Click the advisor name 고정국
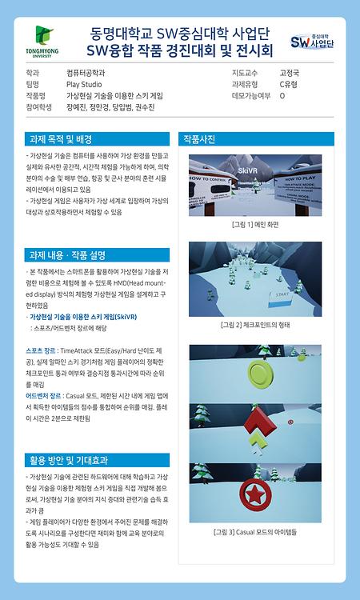pos(290,72)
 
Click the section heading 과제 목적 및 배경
pos(61,138)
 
